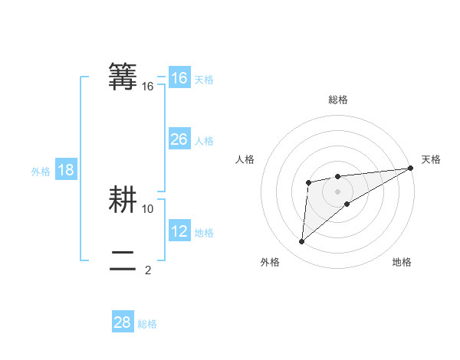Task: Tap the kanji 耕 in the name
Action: pos(123,200)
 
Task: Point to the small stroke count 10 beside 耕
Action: pos(148,208)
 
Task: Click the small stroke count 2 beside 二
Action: pos(148,270)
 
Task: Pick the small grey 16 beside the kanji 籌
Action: pos(148,87)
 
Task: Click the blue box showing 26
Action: pos(179,139)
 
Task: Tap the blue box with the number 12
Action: pos(179,231)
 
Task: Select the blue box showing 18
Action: pos(66,170)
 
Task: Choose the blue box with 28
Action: pos(123,322)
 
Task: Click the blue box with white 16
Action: pos(179,78)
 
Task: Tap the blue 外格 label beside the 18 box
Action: pos(41,172)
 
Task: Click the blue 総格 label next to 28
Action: pos(147,324)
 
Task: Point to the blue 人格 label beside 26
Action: pos(204,141)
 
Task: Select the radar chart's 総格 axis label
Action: pos(338,100)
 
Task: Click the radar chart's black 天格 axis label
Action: pos(431,159)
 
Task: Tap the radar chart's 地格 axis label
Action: pos(402,262)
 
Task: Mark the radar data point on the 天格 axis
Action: pos(410,169)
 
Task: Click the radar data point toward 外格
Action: pos(302,241)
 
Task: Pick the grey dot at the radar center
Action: pos(337,191)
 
